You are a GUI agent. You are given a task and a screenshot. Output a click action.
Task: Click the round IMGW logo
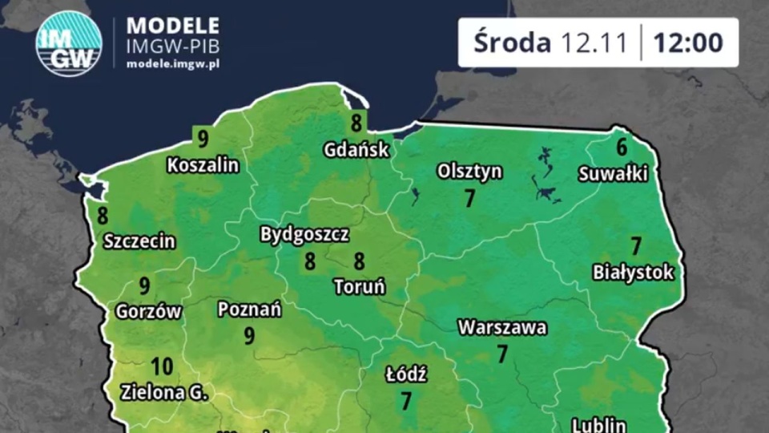tap(69, 43)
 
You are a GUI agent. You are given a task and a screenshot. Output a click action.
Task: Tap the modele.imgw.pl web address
tap(173, 63)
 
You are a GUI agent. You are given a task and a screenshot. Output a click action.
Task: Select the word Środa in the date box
tap(511, 42)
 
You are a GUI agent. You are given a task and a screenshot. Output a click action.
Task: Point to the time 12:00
tap(688, 42)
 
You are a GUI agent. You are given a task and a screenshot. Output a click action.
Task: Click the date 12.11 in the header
tap(594, 42)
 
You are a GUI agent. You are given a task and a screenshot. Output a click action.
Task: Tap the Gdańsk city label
tap(356, 149)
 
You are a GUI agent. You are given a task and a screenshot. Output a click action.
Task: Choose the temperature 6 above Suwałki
tap(622, 148)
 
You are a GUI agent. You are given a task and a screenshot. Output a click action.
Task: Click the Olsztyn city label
tap(469, 171)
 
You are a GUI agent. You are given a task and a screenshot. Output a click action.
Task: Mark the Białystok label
tap(633, 273)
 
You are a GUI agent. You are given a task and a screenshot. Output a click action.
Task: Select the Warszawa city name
tap(502, 327)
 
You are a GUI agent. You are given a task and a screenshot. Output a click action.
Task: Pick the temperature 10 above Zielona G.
tap(162, 367)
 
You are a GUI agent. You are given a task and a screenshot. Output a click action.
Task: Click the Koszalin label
tap(203, 165)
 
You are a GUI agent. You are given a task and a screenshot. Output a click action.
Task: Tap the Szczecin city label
tap(140, 241)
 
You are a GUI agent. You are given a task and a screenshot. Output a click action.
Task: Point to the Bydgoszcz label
tap(304, 235)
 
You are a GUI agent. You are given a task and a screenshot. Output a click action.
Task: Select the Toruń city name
tap(360, 286)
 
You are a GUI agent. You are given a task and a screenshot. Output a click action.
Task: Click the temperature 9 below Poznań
tap(249, 335)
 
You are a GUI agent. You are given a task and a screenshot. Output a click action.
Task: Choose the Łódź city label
tap(406, 374)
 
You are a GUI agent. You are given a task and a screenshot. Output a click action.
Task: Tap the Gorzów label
tap(149, 311)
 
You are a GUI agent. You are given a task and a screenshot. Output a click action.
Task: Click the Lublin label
tap(599, 424)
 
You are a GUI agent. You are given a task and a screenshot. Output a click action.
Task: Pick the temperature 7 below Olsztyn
tap(470, 198)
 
